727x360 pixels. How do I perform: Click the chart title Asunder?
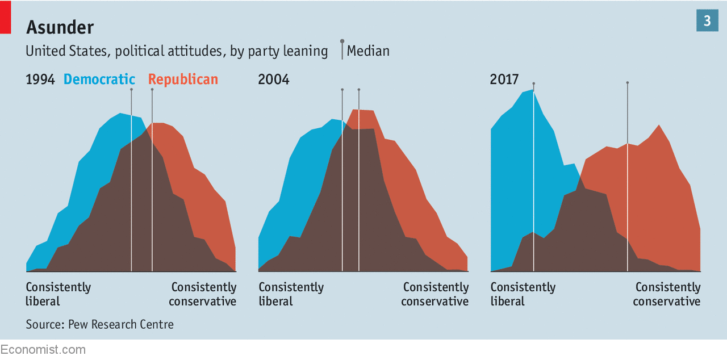(x=60, y=27)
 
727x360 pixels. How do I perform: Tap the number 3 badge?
(x=707, y=21)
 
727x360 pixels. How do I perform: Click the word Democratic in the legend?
(x=99, y=79)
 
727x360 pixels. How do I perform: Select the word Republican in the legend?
(x=183, y=79)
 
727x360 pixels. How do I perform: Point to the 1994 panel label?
(x=40, y=79)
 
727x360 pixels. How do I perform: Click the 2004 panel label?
(x=274, y=79)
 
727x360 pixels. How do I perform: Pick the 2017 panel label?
(x=504, y=79)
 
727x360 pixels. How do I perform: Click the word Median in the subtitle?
(x=368, y=51)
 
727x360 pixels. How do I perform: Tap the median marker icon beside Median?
(x=342, y=42)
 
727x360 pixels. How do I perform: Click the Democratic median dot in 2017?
(x=534, y=83)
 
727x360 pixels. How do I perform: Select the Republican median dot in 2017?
(x=628, y=83)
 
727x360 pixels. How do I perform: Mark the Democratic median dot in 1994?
(x=131, y=89)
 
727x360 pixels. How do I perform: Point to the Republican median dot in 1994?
(x=152, y=89)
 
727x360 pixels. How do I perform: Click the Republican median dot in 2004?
(x=359, y=89)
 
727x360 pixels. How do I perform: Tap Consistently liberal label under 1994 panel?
(x=58, y=294)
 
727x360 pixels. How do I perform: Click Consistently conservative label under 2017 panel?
(x=667, y=294)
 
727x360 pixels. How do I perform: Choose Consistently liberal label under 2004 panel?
(x=291, y=294)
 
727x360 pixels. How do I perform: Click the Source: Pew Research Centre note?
(x=99, y=325)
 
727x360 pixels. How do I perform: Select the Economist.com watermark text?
(x=43, y=349)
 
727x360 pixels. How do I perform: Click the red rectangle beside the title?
(x=5, y=17)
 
